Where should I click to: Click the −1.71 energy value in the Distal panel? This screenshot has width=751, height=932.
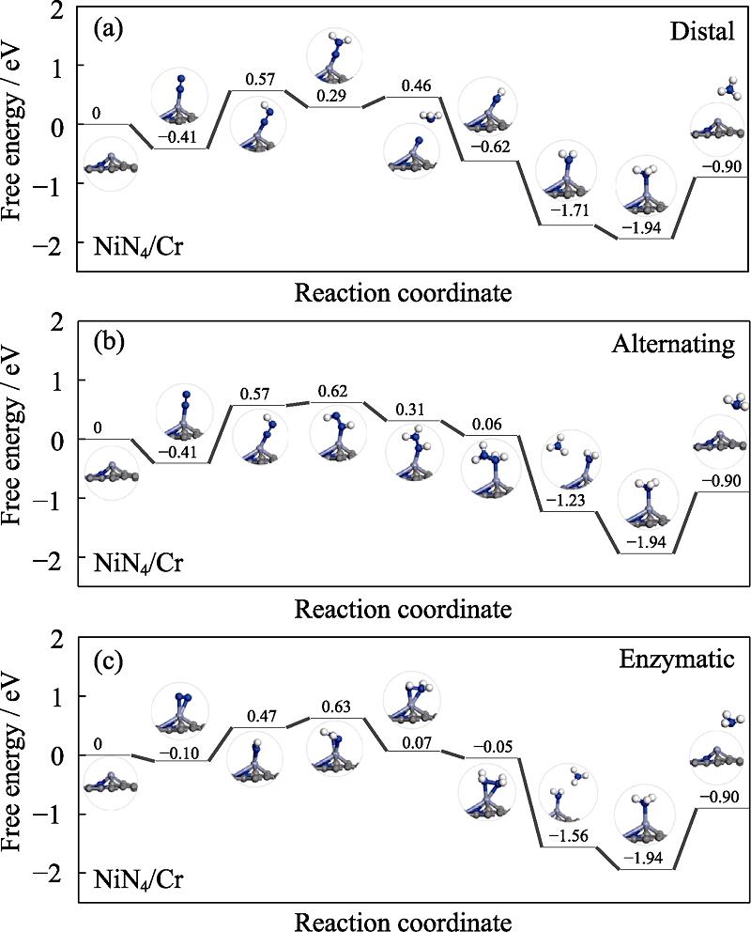[566, 212]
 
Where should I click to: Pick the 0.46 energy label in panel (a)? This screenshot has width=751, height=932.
[413, 86]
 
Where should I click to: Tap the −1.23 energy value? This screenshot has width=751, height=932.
[566, 500]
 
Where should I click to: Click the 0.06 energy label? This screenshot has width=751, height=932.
[488, 425]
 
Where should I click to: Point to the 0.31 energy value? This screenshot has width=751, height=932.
[410, 410]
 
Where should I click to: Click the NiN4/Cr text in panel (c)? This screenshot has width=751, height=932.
[138, 880]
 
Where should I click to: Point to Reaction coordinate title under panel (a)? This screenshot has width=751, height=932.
[404, 292]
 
